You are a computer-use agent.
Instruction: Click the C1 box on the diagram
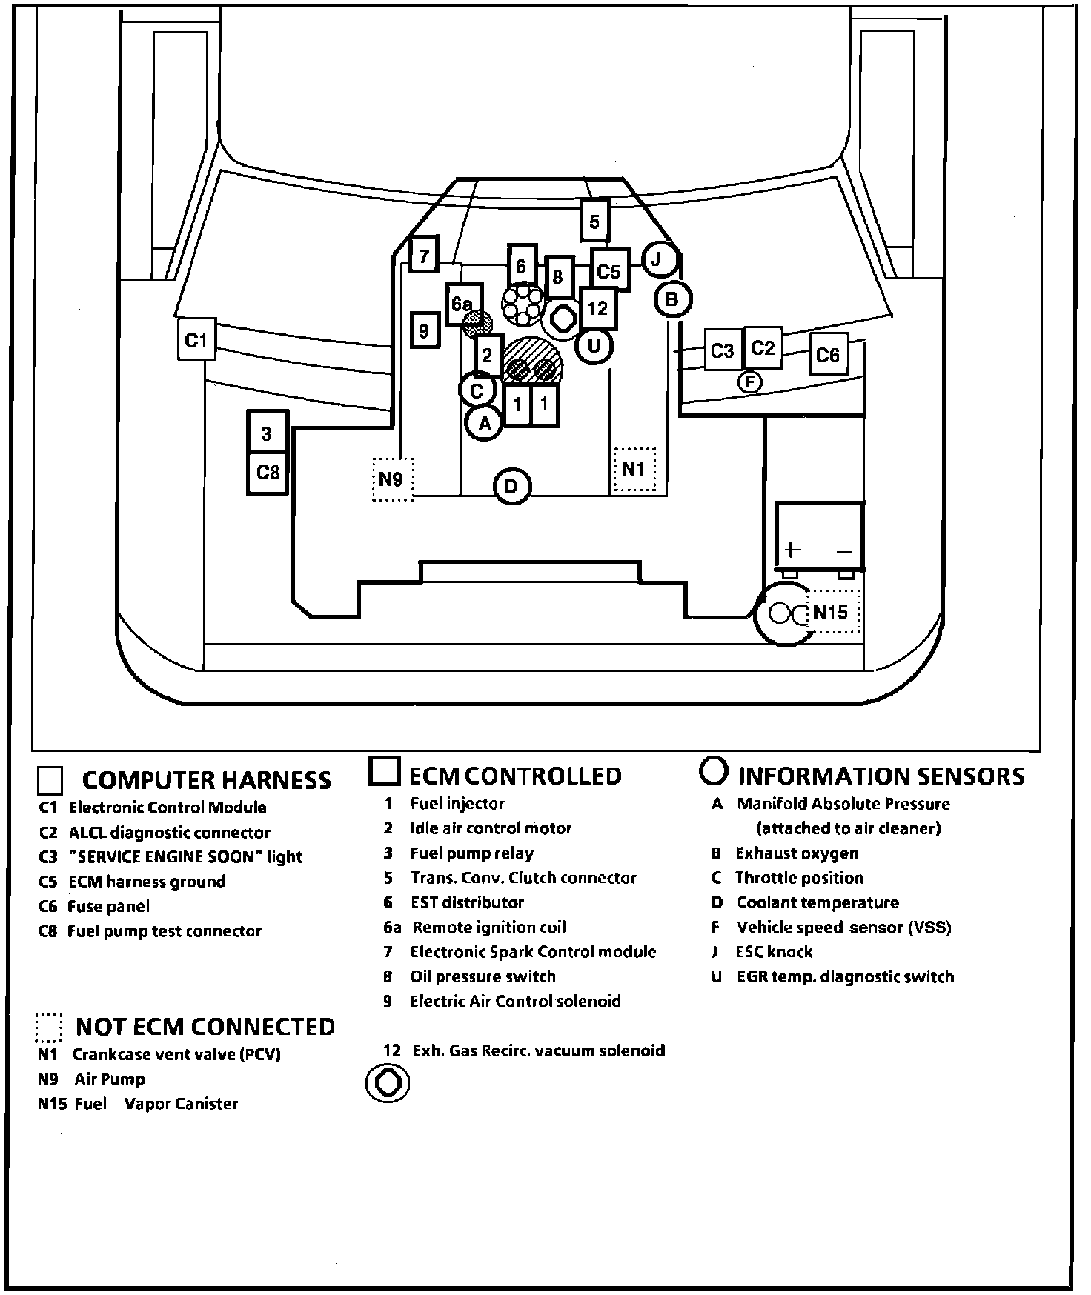(x=196, y=340)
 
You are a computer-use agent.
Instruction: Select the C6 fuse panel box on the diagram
(x=827, y=355)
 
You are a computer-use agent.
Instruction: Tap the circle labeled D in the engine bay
(x=511, y=487)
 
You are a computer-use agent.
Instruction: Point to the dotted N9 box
(x=391, y=479)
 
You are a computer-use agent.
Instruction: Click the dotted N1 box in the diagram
(x=633, y=469)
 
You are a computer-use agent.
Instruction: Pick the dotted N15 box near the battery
(x=832, y=612)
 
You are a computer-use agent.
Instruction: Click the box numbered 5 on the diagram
(x=594, y=221)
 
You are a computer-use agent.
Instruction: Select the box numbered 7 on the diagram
(x=424, y=256)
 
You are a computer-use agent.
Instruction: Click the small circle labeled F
(x=750, y=382)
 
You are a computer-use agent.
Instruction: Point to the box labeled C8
(x=268, y=471)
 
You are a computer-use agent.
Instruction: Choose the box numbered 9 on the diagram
(x=424, y=330)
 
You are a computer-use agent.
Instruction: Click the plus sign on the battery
(x=793, y=550)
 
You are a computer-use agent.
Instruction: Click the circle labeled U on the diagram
(x=594, y=345)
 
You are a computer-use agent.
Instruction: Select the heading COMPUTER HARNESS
(x=206, y=780)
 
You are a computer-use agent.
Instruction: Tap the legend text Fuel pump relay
(x=471, y=853)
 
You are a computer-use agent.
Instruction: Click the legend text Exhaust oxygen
(x=797, y=853)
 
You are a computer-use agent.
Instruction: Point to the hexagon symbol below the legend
(x=388, y=1083)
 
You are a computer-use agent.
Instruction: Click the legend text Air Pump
(x=110, y=1079)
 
